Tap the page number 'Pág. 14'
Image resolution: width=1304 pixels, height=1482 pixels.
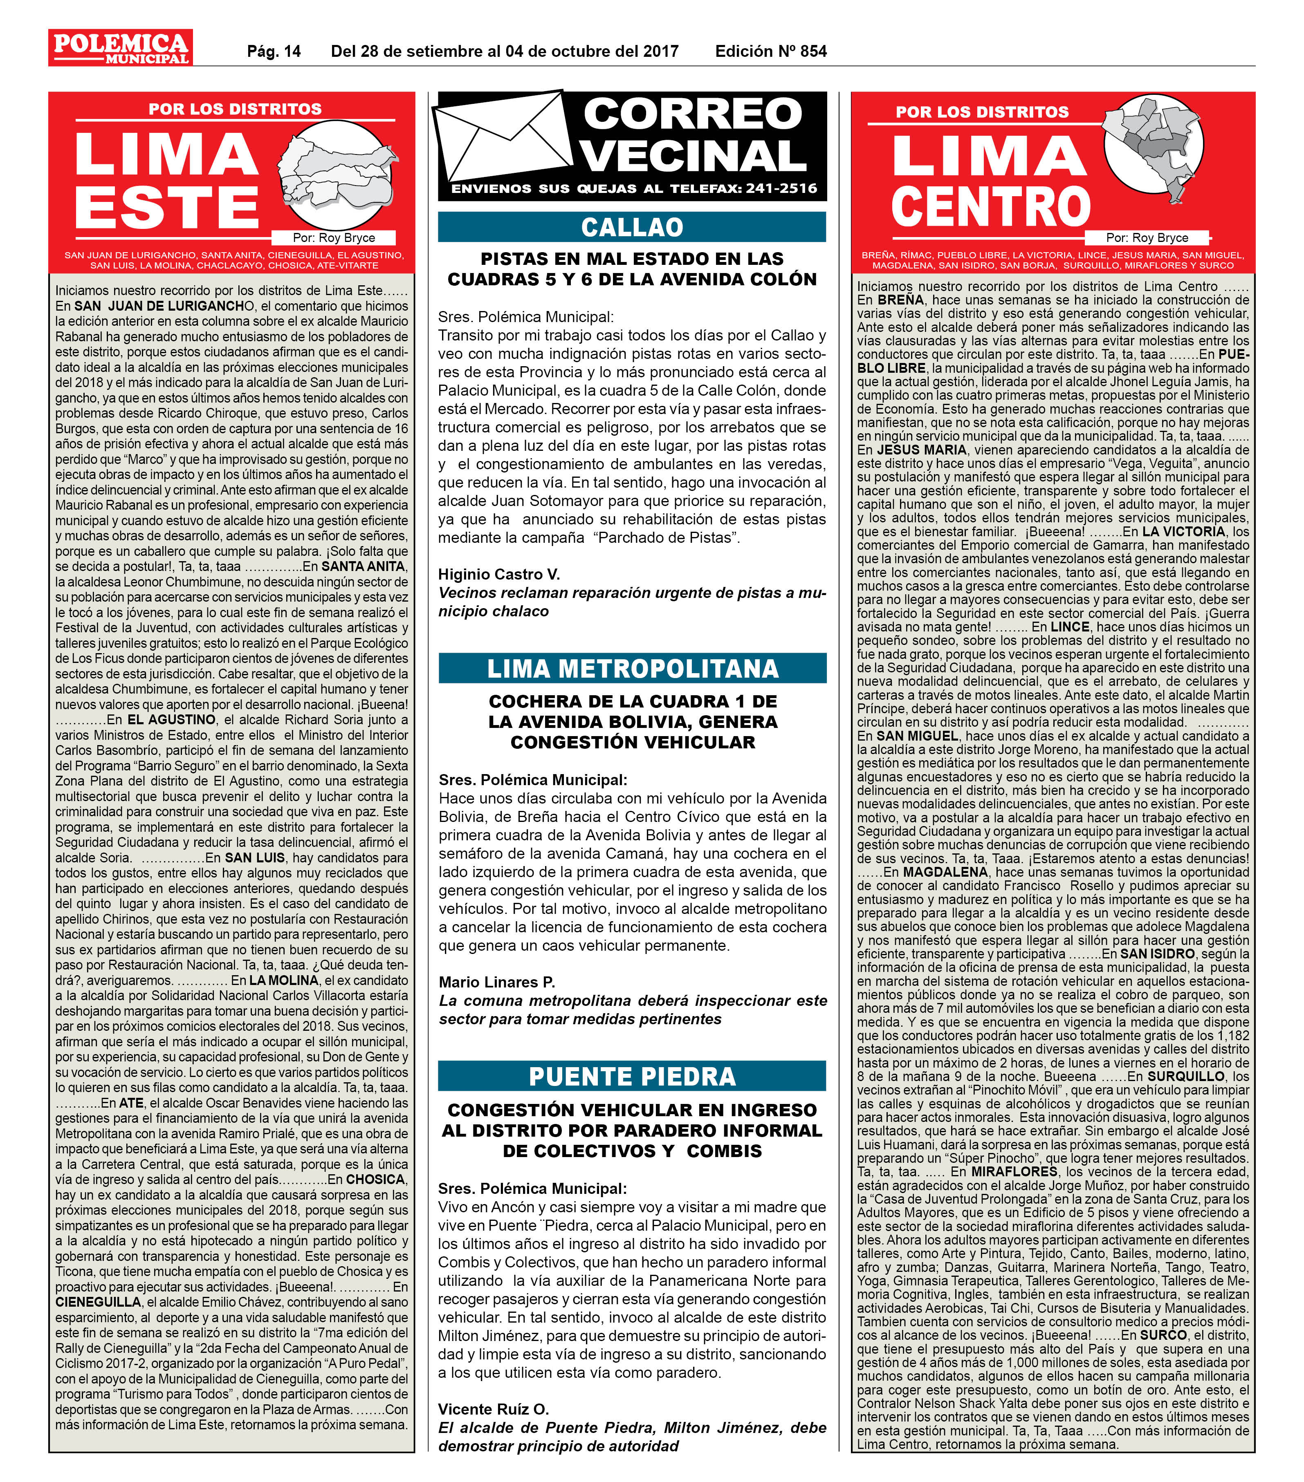[274, 51]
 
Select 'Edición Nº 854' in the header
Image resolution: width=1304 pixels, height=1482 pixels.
[770, 51]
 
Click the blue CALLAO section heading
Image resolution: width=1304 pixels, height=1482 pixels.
[632, 227]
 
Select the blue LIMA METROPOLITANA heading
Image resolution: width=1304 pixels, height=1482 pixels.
[632, 668]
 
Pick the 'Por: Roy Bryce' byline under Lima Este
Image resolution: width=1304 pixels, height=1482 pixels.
[334, 238]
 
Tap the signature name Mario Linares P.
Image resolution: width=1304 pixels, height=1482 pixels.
[497, 982]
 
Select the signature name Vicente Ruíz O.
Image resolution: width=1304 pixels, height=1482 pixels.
[493, 1409]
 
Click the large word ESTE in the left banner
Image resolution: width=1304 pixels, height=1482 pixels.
[167, 207]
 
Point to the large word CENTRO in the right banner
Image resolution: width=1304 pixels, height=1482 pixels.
[991, 207]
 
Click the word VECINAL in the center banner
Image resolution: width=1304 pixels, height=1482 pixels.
[694, 156]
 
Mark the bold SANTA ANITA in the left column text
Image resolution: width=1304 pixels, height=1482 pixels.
[364, 566]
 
